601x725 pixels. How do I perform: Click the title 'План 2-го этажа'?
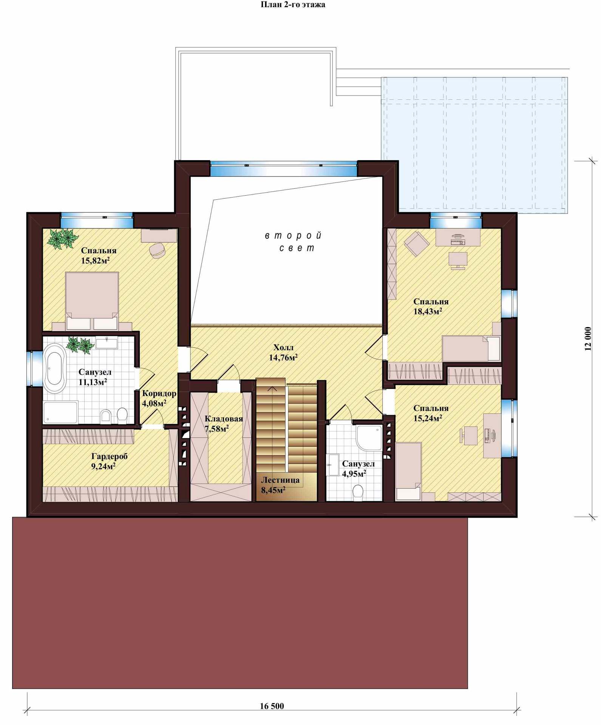(x=293, y=5)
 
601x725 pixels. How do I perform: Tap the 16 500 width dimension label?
(x=272, y=706)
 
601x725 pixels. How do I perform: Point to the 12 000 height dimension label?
(x=588, y=339)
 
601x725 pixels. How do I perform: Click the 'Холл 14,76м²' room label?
(x=283, y=352)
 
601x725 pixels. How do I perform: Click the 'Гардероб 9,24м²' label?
(x=109, y=461)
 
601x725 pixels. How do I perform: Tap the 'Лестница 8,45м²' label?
(x=280, y=485)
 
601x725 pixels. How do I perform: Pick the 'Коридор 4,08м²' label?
(x=159, y=398)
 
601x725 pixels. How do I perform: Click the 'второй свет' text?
(x=294, y=242)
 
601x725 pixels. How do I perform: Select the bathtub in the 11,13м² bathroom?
(x=55, y=368)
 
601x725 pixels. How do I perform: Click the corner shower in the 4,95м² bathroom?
(x=369, y=438)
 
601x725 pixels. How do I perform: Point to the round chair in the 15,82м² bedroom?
(x=157, y=250)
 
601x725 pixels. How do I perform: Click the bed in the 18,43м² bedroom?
(x=471, y=348)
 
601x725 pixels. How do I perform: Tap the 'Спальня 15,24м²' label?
(x=431, y=413)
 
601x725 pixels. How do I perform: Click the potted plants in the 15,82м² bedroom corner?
(x=62, y=239)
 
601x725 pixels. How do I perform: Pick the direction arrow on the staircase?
(x=272, y=388)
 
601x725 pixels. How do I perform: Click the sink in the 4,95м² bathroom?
(x=333, y=464)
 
